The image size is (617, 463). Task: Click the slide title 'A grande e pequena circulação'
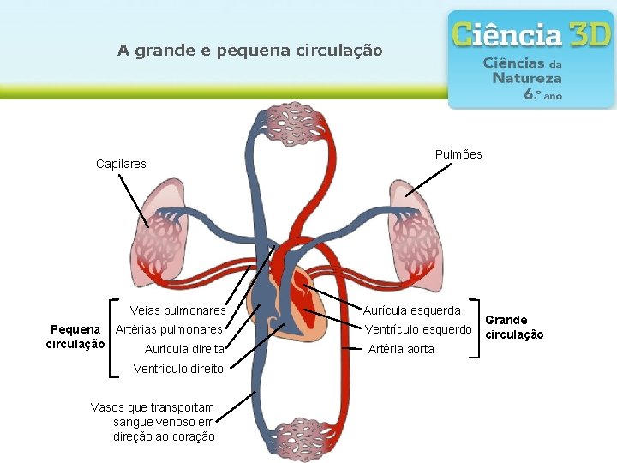[249, 51]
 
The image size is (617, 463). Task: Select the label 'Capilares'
[121, 164]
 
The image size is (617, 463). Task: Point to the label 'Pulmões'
[458, 154]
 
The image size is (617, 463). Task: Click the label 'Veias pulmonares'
[177, 310]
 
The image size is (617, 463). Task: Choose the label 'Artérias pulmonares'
[169, 329]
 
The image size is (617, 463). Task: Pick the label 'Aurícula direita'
[184, 349]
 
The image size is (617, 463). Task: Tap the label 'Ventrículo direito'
[178, 369]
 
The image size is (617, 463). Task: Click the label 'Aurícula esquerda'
[412, 310]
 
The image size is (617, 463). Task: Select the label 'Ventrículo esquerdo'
[418, 329]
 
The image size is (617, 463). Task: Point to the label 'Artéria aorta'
[401, 349]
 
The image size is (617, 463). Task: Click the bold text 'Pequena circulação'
[75, 336]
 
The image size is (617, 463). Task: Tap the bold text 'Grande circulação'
[514, 327]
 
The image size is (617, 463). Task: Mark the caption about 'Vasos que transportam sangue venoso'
[153, 421]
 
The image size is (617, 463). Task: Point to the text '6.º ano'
[543, 95]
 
